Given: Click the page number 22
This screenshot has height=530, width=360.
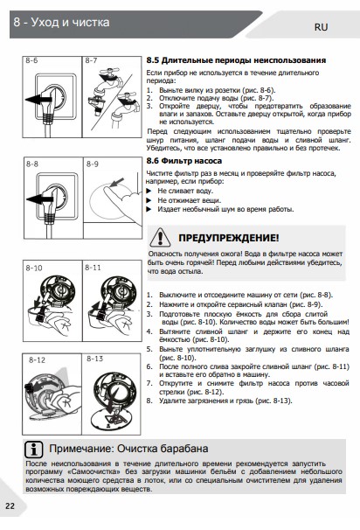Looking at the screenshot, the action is click(10, 506).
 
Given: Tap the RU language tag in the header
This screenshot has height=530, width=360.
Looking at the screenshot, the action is click(322, 27).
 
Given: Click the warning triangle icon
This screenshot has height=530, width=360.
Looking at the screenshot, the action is click(160, 237).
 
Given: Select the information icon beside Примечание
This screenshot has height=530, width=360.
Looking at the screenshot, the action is click(34, 450).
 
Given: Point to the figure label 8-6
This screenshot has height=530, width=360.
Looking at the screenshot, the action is click(31, 60).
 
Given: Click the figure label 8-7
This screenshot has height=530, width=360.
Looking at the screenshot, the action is click(91, 60).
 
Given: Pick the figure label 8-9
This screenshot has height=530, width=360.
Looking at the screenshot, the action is click(93, 164).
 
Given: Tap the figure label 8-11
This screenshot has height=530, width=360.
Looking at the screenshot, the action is click(93, 268).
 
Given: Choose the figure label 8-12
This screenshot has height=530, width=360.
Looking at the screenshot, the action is click(37, 359).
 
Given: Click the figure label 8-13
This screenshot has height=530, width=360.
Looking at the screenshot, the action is click(95, 359).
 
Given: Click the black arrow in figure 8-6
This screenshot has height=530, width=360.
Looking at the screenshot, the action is click(38, 100).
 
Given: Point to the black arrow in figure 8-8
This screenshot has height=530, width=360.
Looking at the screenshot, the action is click(39, 199).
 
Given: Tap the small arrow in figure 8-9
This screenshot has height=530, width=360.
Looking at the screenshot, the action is click(117, 183).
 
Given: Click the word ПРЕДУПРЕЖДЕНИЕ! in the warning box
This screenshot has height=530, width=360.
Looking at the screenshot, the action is click(229, 238).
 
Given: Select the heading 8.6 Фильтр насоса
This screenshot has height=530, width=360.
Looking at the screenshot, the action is click(184, 161).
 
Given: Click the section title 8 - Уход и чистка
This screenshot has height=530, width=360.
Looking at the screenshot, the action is click(61, 23).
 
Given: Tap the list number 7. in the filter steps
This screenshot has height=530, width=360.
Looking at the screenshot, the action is click(149, 383).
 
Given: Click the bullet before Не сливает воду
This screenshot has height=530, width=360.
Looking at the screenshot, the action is click(149, 191).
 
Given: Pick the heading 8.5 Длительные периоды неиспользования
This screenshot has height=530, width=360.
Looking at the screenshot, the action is click(236, 60).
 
